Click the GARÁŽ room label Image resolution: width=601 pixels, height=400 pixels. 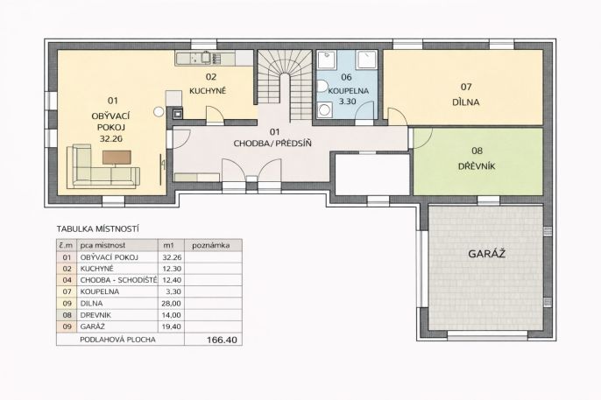tap(486, 254)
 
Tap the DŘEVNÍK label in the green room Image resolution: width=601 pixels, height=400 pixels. tap(477, 166)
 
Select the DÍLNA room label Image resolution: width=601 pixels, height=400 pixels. tap(466, 102)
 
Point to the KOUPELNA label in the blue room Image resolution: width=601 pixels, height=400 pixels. tap(349, 91)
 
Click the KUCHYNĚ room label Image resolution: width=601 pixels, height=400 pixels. tap(208, 91)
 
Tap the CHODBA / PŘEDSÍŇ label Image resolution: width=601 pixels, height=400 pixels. tap(272, 144)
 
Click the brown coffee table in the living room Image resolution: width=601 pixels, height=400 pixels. tap(117, 158)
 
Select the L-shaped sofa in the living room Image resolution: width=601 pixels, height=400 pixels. tap(103, 167)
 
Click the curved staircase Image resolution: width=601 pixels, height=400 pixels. tap(285, 84)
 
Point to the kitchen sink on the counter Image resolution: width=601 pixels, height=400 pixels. tap(206, 57)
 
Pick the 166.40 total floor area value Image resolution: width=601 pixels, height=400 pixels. tap(222, 340)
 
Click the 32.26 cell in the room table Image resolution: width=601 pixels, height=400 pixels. tap(172, 257)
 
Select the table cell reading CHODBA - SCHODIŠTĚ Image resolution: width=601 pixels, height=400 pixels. tap(118, 280)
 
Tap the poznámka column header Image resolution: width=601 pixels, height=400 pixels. tap(211, 245)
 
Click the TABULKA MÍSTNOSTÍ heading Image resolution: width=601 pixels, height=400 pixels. tap(98, 229)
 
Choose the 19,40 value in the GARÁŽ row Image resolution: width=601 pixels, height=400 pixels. tap(172, 326)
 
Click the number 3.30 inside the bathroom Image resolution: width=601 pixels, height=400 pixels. tap(347, 102)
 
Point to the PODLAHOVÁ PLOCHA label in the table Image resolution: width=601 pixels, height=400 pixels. tap(117, 340)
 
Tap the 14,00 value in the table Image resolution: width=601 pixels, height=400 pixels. tap(172, 315)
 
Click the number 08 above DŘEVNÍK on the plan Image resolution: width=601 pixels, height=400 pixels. tap(477, 151)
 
